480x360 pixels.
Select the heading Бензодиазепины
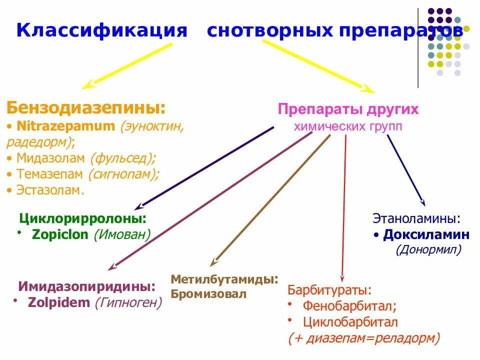pyautogui.click(x=86, y=108)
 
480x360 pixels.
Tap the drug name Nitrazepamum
pyautogui.click(x=65, y=126)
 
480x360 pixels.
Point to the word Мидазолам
pyautogui.click(x=51, y=158)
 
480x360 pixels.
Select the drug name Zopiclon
pyautogui.click(x=60, y=234)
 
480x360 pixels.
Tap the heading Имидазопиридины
pyautogui.click(x=86, y=287)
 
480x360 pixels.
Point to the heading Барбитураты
pyautogui.click(x=329, y=290)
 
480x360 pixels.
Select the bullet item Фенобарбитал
pyautogui.click(x=349, y=306)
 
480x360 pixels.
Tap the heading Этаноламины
pyautogui.click(x=416, y=218)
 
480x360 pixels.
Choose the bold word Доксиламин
pyautogui.click(x=426, y=234)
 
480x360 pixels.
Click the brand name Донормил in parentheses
pyautogui.click(x=428, y=249)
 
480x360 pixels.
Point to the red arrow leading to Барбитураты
pyautogui.click(x=343, y=210)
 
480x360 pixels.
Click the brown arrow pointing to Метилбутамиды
pyautogui.click(x=270, y=200)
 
